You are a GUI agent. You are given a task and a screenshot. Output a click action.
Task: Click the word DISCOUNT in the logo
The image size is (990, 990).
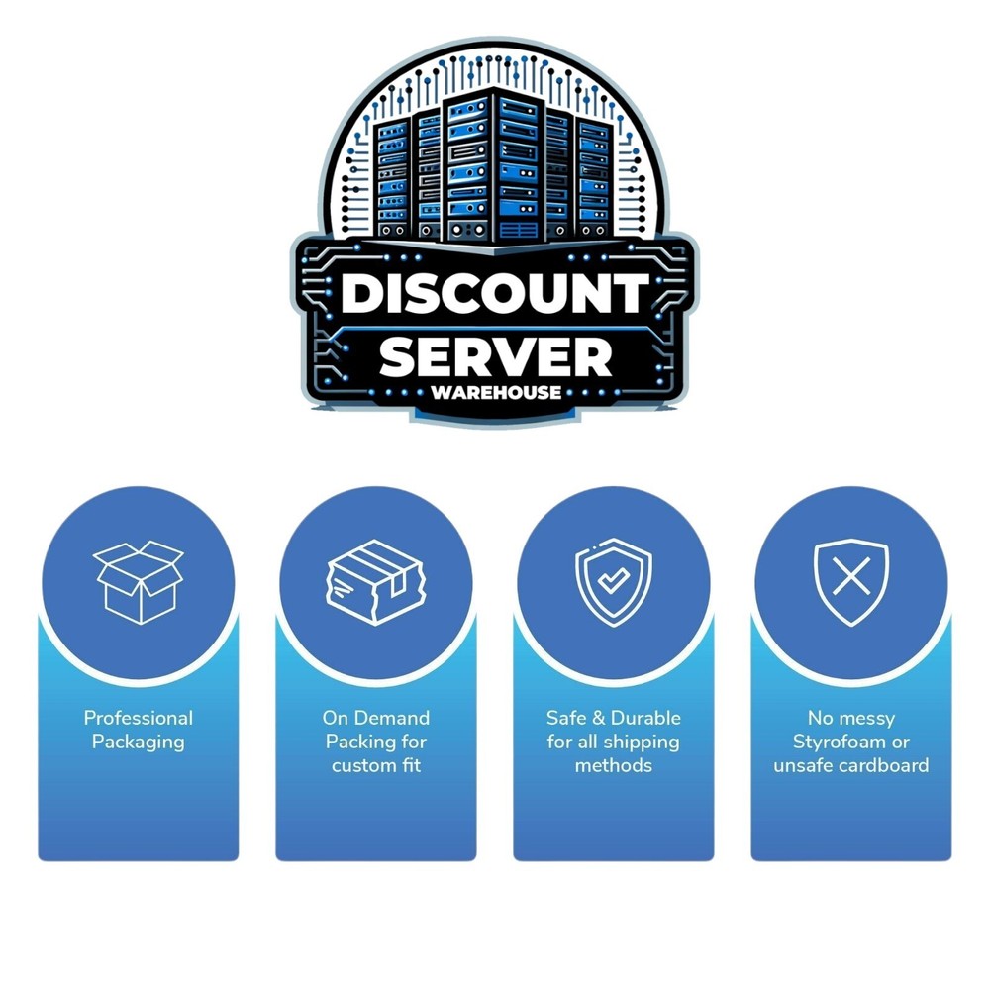pos(495,294)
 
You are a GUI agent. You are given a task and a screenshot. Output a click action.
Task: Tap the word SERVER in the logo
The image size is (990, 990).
pos(496,357)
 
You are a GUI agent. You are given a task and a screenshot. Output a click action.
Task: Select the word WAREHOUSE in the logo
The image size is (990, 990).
pos(496,393)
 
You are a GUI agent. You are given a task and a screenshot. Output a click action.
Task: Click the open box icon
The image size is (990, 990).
pos(139,582)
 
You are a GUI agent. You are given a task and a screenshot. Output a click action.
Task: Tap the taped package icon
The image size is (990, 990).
pos(375,582)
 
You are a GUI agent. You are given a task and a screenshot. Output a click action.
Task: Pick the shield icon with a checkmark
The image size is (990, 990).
pos(614,582)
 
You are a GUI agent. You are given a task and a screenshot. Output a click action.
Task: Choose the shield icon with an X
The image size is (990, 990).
pos(851,582)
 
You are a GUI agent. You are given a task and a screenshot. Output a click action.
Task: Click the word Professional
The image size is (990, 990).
pos(139,718)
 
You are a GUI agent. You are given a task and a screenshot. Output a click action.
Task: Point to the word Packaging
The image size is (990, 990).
pos(139,742)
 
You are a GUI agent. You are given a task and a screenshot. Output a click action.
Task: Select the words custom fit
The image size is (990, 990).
pos(376,766)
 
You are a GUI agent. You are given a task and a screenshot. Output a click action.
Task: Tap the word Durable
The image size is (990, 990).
pos(645,718)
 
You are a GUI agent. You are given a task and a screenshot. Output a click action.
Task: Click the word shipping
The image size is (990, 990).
pos(645,742)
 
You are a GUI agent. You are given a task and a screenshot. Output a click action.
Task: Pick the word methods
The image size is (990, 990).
pos(614,766)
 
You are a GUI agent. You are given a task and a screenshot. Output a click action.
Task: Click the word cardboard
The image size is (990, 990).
pos(888,766)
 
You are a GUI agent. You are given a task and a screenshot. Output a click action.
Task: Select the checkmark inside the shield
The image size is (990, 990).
pos(613,579)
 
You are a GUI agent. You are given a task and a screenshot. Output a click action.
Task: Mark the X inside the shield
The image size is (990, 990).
pos(851,576)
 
